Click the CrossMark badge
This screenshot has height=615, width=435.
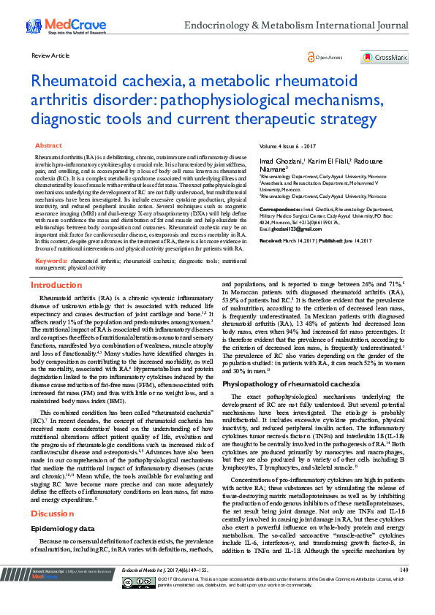[x=384, y=57]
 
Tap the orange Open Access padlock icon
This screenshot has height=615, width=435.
[x=311, y=57]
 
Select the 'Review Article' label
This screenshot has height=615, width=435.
[x=51, y=56]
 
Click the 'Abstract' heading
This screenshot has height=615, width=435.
[x=48, y=146]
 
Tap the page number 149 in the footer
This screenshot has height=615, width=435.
[x=404, y=590]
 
